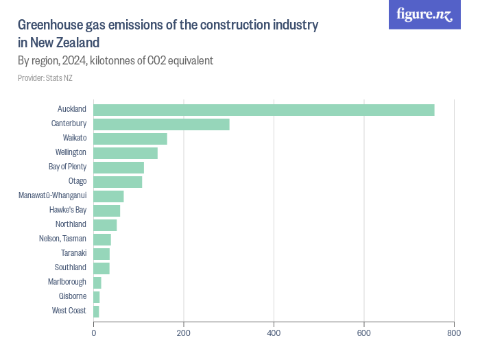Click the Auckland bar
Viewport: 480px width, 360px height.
264,110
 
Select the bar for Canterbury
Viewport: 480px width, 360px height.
161,124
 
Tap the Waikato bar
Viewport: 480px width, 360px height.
130,139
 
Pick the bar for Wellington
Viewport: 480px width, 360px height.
125,153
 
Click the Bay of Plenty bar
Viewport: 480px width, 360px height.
119,167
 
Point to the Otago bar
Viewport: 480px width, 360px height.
118,182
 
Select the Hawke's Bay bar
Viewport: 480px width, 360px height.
107,211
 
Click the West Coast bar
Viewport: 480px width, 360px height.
97,311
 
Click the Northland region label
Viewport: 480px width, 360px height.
71,225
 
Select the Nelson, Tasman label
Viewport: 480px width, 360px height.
62,239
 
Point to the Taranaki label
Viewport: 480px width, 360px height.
73,254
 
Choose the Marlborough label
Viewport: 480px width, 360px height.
67,283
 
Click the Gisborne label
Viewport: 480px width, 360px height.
73,297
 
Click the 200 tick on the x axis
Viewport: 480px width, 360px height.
184,333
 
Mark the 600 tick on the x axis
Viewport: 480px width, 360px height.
364,333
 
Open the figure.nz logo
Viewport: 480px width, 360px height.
424,15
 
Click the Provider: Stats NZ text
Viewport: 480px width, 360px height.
45,78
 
